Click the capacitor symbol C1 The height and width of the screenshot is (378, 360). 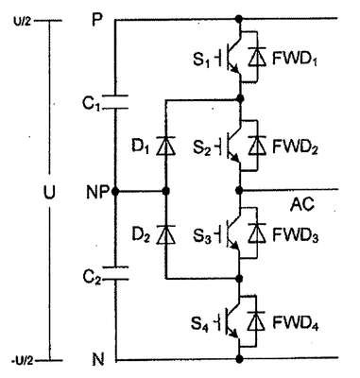[x=115, y=101]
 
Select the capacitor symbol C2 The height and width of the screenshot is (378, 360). [x=115, y=273]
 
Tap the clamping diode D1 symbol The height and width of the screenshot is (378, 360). [x=166, y=146]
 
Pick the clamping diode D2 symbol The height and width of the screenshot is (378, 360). [x=166, y=234]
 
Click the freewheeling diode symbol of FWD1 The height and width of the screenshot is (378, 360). [x=257, y=57]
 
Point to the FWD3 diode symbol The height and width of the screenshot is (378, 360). [x=257, y=233]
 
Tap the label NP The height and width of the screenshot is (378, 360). [x=97, y=192]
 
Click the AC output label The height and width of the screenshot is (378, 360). [x=302, y=205]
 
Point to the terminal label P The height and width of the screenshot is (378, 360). [x=97, y=21]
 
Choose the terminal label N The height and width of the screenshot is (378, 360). [x=98, y=359]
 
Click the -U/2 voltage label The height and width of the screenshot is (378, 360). [x=22, y=360]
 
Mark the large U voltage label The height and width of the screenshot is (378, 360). [x=49, y=192]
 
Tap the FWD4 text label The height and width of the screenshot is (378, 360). [x=295, y=322]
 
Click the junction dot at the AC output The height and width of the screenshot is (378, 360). [x=239, y=190]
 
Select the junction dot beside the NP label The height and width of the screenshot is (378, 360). [x=115, y=191]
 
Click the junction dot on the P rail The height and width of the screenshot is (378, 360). [x=239, y=19]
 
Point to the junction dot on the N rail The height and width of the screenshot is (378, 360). [x=239, y=358]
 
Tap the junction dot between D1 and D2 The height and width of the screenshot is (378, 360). [x=166, y=191]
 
